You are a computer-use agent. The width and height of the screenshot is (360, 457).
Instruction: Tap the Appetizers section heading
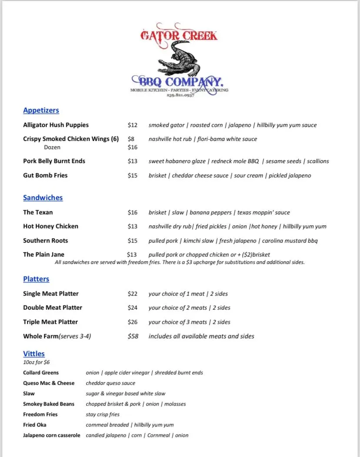(41, 110)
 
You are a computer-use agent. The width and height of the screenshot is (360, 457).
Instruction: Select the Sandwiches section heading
(43, 198)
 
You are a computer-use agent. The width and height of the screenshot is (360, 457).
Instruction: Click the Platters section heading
(36, 279)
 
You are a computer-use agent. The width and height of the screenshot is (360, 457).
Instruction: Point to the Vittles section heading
(34, 354)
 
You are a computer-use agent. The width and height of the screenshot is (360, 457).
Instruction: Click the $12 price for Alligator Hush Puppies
(133, 125)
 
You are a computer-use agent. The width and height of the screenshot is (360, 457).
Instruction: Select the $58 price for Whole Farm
(133, 336)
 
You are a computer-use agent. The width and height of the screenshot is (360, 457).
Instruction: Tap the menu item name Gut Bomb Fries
(45, 176)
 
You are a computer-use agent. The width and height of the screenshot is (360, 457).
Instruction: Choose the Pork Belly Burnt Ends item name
(54, 161)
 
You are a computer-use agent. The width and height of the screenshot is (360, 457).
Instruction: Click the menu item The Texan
(38, 213)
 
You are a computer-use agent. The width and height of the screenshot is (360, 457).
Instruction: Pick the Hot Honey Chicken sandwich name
(50, 227)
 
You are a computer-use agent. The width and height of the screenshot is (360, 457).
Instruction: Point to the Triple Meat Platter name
(50, 322)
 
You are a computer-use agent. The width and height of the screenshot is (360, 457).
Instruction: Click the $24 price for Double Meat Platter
(133, 308)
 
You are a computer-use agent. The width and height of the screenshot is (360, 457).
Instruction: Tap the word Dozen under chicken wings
(52, 147)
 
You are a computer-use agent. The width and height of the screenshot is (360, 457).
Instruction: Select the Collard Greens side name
(41, 373)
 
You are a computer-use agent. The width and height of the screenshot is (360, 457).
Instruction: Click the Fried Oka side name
(34, 425)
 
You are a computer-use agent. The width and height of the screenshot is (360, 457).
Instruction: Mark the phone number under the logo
(180, 95)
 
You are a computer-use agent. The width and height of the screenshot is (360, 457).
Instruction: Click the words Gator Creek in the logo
(179, 35)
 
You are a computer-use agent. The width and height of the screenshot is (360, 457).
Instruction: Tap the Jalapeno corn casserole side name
(51, 435)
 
